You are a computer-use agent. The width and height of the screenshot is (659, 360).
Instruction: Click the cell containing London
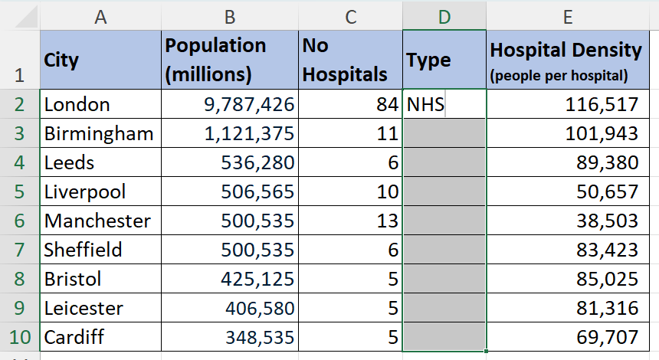(x=77, y=105)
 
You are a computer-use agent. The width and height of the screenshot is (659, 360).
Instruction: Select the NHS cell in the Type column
(x=426, y=105)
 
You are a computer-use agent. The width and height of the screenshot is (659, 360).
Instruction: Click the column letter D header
(x=444, y=15)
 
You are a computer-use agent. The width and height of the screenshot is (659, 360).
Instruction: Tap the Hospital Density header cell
(x=566, y=60)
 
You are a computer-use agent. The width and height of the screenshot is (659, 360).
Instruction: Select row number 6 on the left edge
(x=20, y=221)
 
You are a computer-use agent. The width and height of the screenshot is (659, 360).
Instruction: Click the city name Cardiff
(x=74, y=337)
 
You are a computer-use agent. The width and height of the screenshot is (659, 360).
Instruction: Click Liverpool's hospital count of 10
(x=387, y=192)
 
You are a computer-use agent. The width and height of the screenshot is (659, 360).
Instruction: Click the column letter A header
(x=100, y=15)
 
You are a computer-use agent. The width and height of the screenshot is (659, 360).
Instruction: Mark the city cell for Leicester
(x=84, y=308)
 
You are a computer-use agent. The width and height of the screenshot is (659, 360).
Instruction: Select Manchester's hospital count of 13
(x=387, y=221)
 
